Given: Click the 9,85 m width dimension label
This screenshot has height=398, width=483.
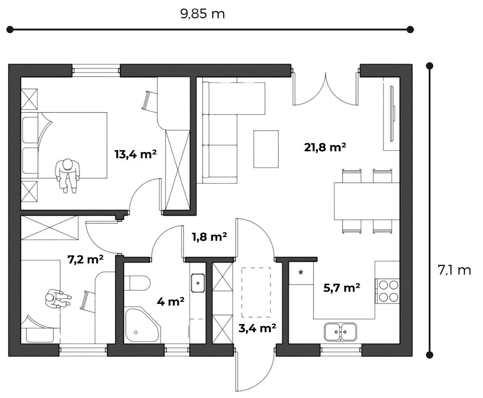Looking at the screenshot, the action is [x=202, y=14].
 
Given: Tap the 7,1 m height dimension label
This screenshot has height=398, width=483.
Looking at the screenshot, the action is [x=454, y=270].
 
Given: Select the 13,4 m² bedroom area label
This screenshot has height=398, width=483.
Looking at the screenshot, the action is [x=135, y=154].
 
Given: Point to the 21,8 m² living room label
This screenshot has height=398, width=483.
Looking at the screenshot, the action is [x=325, y=147].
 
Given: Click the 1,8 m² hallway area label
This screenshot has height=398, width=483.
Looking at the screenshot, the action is [x=209, y=237].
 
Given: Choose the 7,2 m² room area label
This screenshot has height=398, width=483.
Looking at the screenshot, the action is [x=85, y=259].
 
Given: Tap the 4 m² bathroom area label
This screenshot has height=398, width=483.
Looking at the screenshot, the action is [x=171, y=301].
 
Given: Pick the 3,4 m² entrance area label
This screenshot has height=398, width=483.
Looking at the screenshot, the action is [x=257, y=328].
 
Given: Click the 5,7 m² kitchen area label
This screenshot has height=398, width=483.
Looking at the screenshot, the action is [x=342, y=288].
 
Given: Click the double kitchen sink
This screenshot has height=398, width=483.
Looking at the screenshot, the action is [x=340, y=332].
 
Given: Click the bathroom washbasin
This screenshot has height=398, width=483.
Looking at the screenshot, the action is [x=198, y=283].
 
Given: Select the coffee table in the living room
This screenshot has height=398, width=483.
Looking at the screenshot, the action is [x=266, y=149].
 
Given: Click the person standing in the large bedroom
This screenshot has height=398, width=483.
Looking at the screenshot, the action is [x=67, y=175].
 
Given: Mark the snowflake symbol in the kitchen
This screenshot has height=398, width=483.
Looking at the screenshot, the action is [x=301, y=272].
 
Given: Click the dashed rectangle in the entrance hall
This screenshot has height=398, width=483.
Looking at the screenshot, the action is [x=256, y=292].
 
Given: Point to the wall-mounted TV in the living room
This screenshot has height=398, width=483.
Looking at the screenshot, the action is [x=392, y=113].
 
